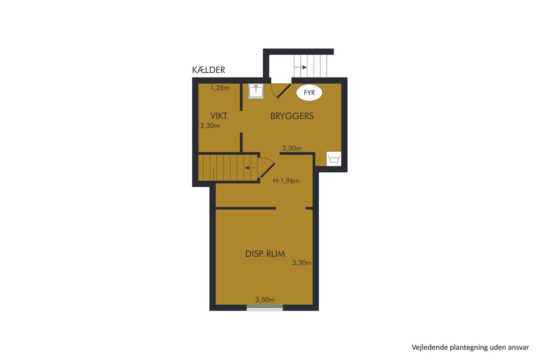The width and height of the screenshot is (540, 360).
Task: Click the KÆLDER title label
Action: click(208, 70)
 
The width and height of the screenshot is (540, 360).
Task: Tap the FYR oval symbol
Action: click(309, 93)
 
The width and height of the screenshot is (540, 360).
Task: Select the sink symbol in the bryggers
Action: click(256, 91)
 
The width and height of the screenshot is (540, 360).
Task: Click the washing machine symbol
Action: click(334, 159)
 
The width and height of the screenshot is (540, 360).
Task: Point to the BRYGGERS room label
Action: click(292, 116)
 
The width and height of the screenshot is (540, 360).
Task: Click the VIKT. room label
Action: click(220, 116)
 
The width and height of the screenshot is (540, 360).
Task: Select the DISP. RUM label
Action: click(265, 254)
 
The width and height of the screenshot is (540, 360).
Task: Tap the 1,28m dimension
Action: click(220, 88)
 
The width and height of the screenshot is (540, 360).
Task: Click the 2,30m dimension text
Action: click(210, 126)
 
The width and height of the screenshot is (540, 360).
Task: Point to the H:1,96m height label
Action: click(286, 181)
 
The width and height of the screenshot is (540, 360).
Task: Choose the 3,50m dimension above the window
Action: click(265, 300)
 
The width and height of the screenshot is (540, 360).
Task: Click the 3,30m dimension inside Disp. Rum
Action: click(302, 263)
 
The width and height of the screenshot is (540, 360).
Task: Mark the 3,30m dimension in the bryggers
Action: click(292, 148)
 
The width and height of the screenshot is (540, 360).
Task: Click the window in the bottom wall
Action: click(265, 307)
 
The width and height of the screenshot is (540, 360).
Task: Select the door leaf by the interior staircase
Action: click(267, 171)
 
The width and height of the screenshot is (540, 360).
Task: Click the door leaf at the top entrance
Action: click(284, 91)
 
